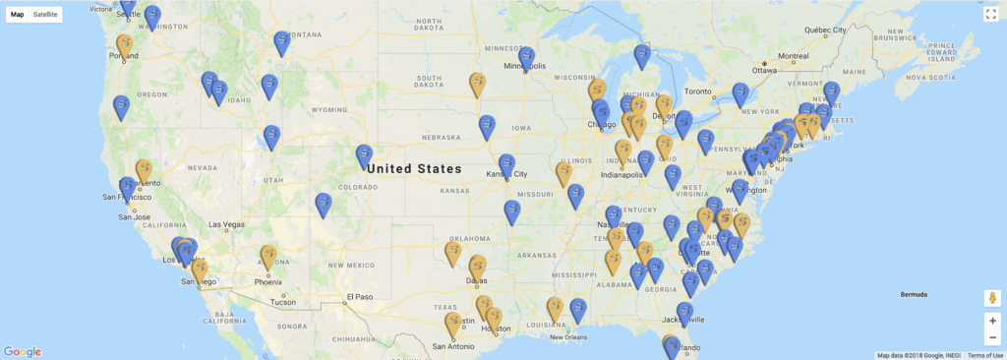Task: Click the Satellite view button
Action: tap(45, 15)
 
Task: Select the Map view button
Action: tap(17, 15)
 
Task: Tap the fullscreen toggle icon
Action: tap(991, 14)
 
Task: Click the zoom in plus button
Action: tap(991, 321)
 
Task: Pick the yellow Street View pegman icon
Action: tap(991, 297)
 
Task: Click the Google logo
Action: tap(22, 351)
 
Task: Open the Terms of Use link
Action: tap(985, 355)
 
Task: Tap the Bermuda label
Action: tap(915, 294)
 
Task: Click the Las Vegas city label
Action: tap(226, 224)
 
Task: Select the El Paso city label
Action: tap(361, 296)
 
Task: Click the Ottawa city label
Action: tap(765, 70)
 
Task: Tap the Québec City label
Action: tap(826, 30)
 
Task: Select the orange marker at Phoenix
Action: tap(268, 256)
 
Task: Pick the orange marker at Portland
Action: tap(125, 45)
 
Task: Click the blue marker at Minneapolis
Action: tap(527, 57)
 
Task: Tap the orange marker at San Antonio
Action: tap(453, 324)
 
